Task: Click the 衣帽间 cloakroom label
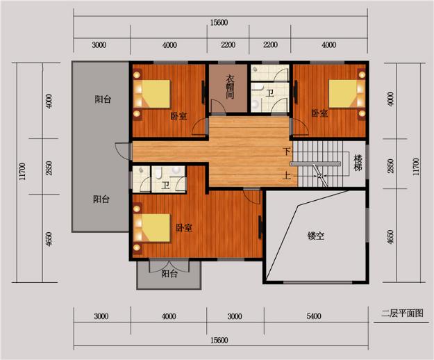coord(230,87)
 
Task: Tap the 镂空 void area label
coord(316,236)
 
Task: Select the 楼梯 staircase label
coord(358,163)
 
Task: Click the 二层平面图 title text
coord(402,313)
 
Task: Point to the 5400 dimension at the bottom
coord(314,316)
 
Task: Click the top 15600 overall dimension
coord(219,23)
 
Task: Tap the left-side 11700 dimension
coord(22,172)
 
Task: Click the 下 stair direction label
coord(287,152)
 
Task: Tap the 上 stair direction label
coord(287,175)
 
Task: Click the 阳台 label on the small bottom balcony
coord(169,274)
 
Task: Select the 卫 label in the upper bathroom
coord(269,92)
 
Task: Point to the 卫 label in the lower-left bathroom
coord(165,186)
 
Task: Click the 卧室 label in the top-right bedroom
coord(319,113)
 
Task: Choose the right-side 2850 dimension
coord(390,166)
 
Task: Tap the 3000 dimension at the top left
coord(99,45)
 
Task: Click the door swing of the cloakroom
coord(218,106)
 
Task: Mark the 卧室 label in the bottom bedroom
coord(184,228)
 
